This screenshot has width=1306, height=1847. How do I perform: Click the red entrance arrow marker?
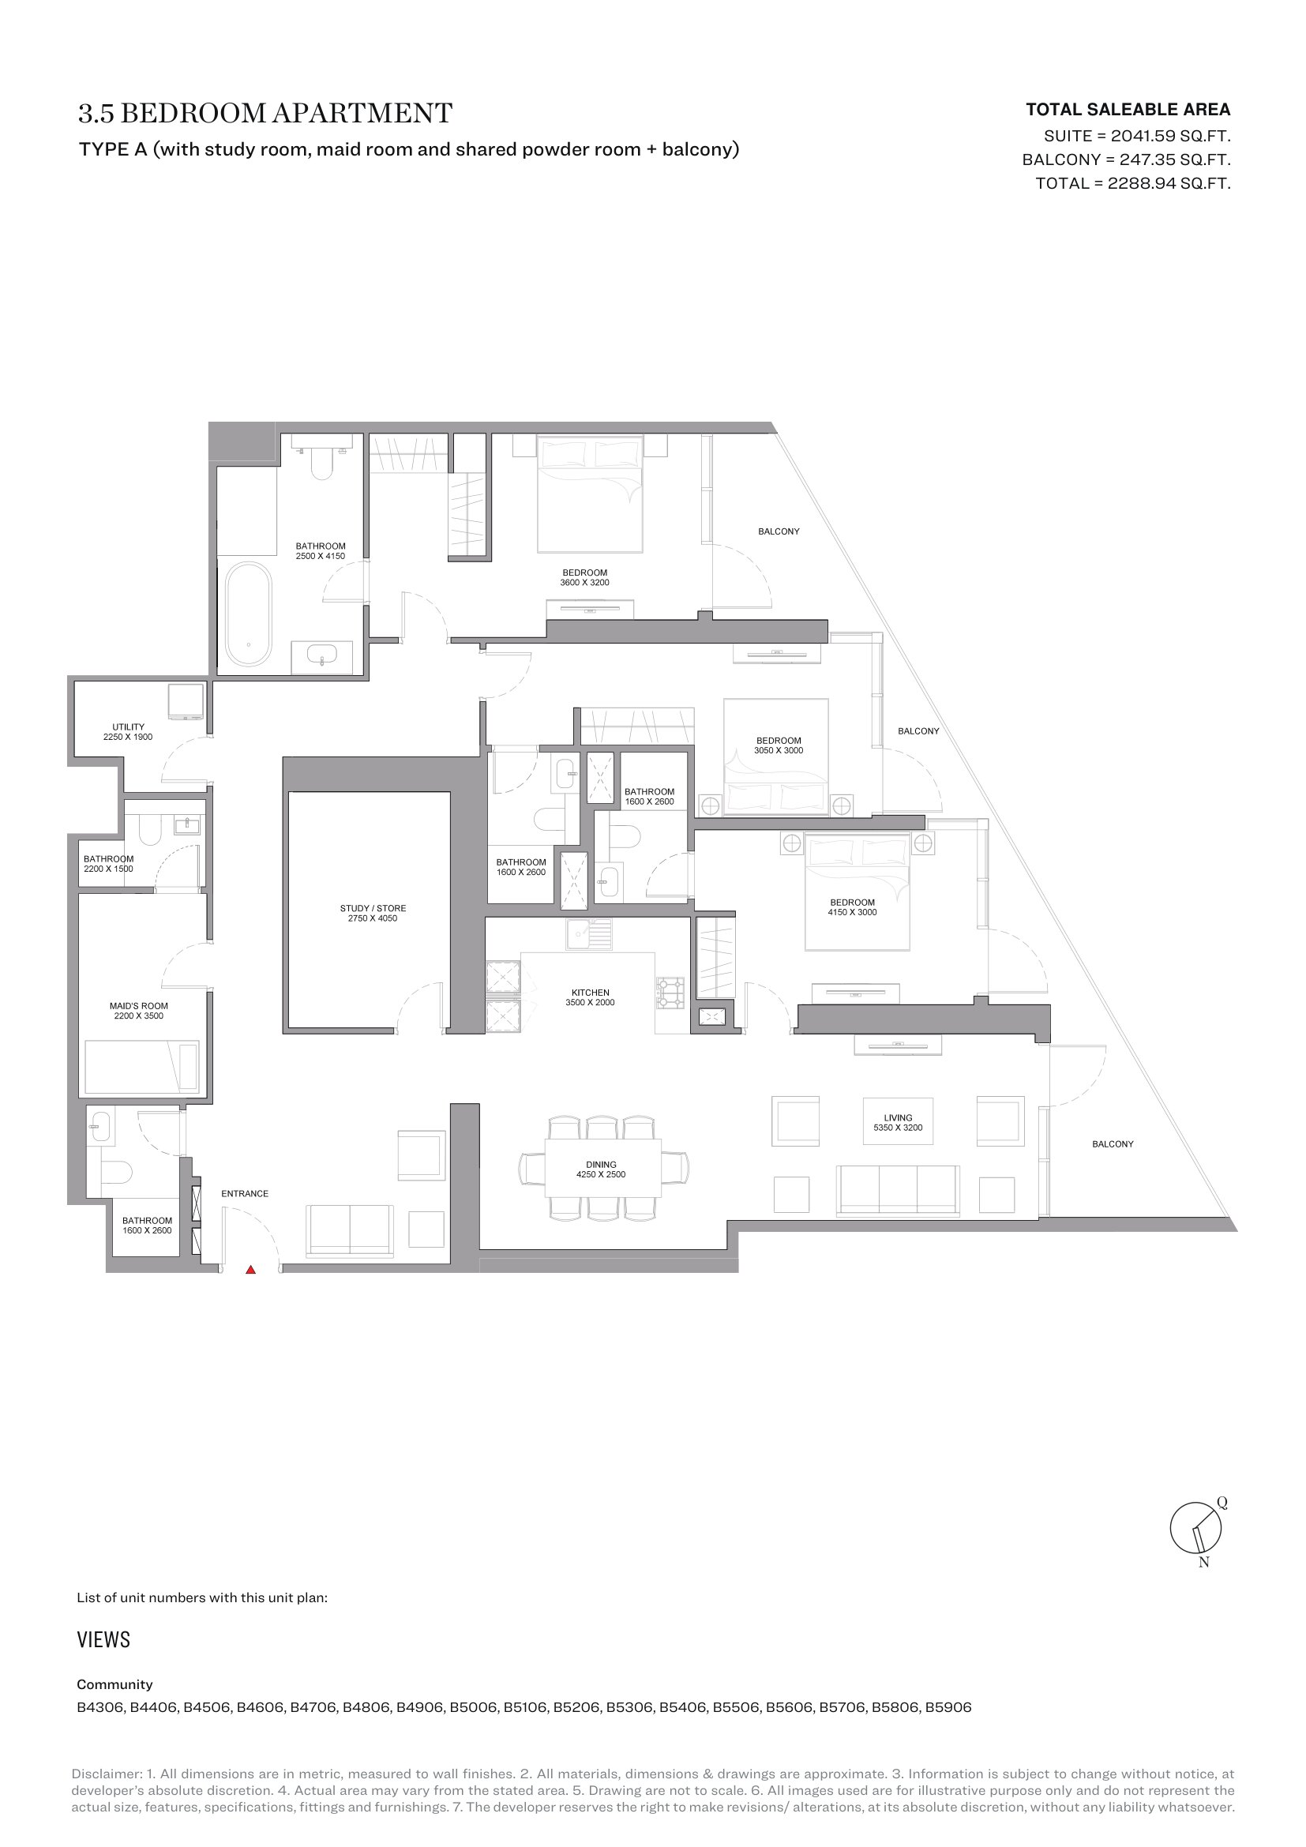(x=251, y=1270)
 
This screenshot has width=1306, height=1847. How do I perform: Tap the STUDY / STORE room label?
(x=373, y=913)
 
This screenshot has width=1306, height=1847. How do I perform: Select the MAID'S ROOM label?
(x=139, y=1011)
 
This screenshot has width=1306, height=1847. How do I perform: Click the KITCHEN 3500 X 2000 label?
(x=591, y=997)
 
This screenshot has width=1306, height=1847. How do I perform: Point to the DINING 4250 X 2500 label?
(x=601, y=1169)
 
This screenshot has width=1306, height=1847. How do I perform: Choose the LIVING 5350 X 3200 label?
(x=899, y=1122)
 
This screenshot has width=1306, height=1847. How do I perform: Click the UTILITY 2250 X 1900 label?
(x=128, y=732)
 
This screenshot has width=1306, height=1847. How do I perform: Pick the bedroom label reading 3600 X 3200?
(x=584, y=577)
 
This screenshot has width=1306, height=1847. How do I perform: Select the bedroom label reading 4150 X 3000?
(x=853, y=907)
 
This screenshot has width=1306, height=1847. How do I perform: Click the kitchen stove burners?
(x=671, y=993)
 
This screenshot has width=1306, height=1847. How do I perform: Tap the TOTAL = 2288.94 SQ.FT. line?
(x=1133, y=183)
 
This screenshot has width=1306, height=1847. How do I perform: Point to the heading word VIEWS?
(x=103, y=1639)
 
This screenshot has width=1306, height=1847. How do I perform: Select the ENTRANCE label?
(x=245, y=1194)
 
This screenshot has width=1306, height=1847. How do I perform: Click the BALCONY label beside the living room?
(x=1113, y=1144)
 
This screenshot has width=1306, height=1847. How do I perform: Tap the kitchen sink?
(x=589, y=934)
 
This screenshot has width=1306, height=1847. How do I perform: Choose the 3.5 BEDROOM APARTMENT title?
(x=265, y=113)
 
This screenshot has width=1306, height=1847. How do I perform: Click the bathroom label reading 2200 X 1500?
(x=108, y=864)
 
